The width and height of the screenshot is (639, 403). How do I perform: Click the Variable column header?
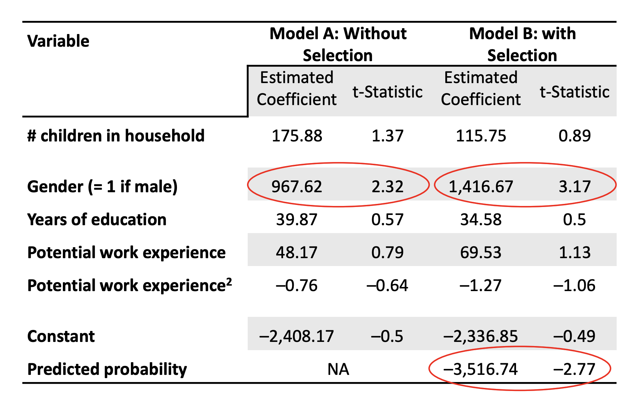coord(58,41)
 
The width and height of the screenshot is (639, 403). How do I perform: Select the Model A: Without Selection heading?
coord(338,44)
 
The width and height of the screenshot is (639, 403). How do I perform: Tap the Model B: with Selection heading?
coord(522,44)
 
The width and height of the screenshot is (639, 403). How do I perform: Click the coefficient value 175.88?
coord(297,136)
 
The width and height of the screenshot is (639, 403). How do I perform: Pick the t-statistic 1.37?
coord(388,136)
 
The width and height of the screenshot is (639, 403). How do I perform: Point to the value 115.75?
coord(481,136)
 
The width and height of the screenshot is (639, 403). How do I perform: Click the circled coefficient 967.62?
coord(297,186)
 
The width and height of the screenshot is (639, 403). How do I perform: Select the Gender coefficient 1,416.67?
coord(481,186)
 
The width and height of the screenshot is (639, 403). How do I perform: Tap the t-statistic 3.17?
coord(574,186)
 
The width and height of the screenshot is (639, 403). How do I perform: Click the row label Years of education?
coord(97,220)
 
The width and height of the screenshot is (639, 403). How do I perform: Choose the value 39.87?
coord(297,220)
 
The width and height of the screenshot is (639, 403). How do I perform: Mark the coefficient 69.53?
coord(481,253)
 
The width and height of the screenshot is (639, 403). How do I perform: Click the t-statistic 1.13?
coord(574,253)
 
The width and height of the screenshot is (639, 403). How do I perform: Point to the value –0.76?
coord(297,286)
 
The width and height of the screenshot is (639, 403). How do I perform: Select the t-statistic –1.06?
coord(574,286)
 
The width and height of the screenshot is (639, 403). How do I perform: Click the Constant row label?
coord(61,336)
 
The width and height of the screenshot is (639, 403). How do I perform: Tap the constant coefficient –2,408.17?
coord(296,336)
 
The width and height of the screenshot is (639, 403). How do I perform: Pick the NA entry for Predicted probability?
coord(338,369)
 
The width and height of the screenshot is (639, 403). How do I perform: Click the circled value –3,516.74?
coord(481,369)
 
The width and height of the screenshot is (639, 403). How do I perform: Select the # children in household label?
coord(116,136)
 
